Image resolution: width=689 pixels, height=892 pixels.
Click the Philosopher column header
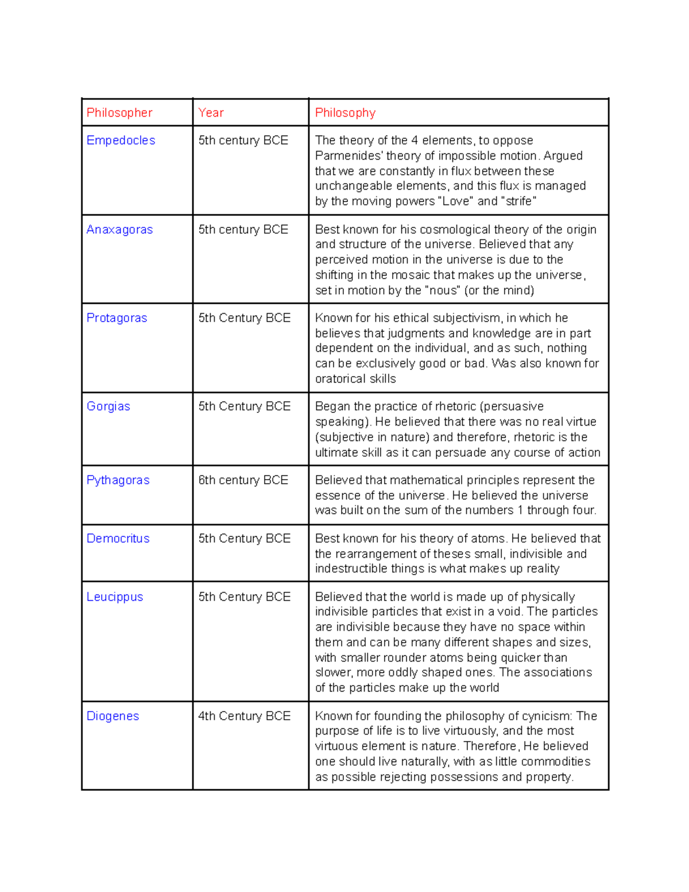pyautogui.click(x=119, y=113)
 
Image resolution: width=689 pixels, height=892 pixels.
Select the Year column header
pyautogui.click(x=211, y=113)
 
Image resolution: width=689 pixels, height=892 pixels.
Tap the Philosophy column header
pyautogui.click(x=345, y=113)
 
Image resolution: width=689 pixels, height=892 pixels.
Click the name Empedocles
pyautogui.click(x=121, y=140)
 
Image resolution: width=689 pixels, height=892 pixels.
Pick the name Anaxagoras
pyautogui.click(x=119, y=230)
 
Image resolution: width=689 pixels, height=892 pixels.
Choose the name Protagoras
pyautogui.click(x=117, y=318)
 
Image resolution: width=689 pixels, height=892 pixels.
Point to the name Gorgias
pyautogui.click(x=108, y=407)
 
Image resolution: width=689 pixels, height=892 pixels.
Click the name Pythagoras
pyautogui.click(x=118, y=480)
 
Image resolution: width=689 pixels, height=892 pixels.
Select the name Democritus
pyautogui.click(x=118, y=539)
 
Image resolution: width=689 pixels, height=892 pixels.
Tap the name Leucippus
pyautogui.click(x=114, y=597)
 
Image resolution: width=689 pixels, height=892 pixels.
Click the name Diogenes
pyautogui.click(x=113, y=716)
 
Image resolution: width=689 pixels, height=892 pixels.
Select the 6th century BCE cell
pyautogui.click(x=243, y=480)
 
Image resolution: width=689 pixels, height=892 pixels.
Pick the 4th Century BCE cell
pyautogui.click(x=244, y=716)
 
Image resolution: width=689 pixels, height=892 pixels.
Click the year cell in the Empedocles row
pyautogui.click(x=243, y=140)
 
